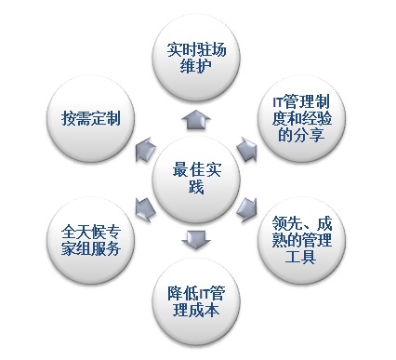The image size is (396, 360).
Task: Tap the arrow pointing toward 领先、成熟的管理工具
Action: coord(247,207)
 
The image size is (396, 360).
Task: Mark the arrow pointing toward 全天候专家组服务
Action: coord(142,207)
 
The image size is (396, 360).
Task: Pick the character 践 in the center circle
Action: coord(193,189)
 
